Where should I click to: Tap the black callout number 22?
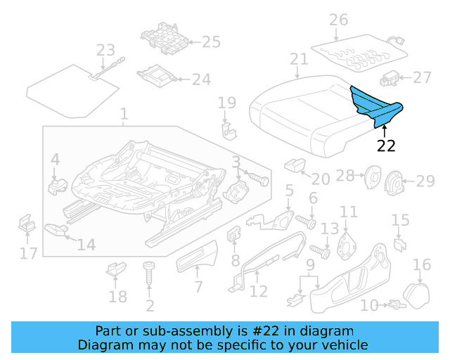pos(386,146)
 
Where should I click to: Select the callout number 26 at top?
pos(339,20)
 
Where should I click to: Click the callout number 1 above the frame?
pos(124,113)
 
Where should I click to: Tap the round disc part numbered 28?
pos(372,178)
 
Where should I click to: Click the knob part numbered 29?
pos(397,184)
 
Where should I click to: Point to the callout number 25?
pos(212,42)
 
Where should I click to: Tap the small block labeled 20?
pos(294,165)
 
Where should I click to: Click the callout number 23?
pos(105,51)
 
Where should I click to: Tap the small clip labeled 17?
pos(27,224)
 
